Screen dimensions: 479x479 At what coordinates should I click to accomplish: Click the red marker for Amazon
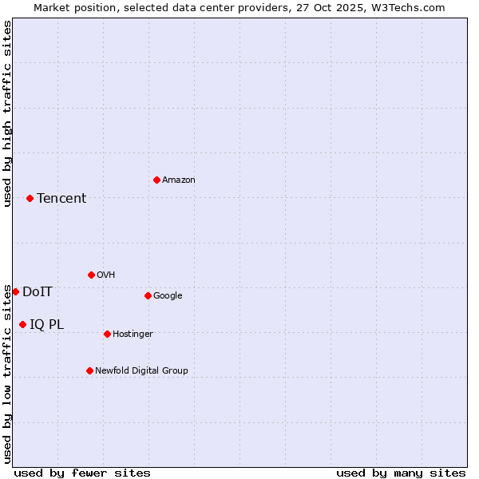156,180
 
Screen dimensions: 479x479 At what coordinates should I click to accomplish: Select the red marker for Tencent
30,198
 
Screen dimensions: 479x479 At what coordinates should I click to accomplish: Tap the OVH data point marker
91,275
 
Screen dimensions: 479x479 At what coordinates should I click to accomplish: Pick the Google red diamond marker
148,295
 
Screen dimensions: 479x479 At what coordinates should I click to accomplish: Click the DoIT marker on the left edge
15,291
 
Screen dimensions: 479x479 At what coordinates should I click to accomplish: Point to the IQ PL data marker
22,324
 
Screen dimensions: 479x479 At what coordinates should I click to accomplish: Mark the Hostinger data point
107,334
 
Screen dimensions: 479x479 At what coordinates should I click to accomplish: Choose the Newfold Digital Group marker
89,370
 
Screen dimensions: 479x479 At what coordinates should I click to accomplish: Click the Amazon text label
179,180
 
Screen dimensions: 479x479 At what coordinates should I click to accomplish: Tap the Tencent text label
61,199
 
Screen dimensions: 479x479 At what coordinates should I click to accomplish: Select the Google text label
168,296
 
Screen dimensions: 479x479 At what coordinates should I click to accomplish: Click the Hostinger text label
133,335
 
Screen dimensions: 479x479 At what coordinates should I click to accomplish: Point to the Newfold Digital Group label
141,371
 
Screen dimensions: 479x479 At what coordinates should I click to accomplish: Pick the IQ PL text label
46,325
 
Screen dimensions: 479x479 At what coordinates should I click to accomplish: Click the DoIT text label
38,292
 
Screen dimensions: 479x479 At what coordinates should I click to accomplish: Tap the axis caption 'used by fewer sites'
82,473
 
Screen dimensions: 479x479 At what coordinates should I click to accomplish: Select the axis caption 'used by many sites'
401,473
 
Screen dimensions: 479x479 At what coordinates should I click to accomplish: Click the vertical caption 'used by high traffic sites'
7,113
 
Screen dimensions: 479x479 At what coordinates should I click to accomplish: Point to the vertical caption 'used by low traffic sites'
7,374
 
